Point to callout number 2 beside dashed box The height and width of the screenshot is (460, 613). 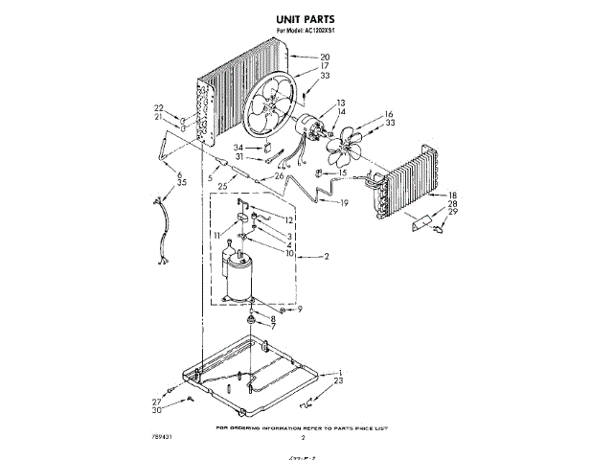pos(326,257)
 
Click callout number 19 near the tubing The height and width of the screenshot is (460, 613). pos(343,203)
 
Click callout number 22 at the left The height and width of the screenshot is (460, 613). pos(158,107)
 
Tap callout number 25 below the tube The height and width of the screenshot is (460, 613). pos(222,185)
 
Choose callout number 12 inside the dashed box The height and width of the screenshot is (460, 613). pos(287,219)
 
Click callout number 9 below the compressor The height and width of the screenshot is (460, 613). pos(298,310)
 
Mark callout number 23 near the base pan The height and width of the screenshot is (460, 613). pos(339,381)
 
